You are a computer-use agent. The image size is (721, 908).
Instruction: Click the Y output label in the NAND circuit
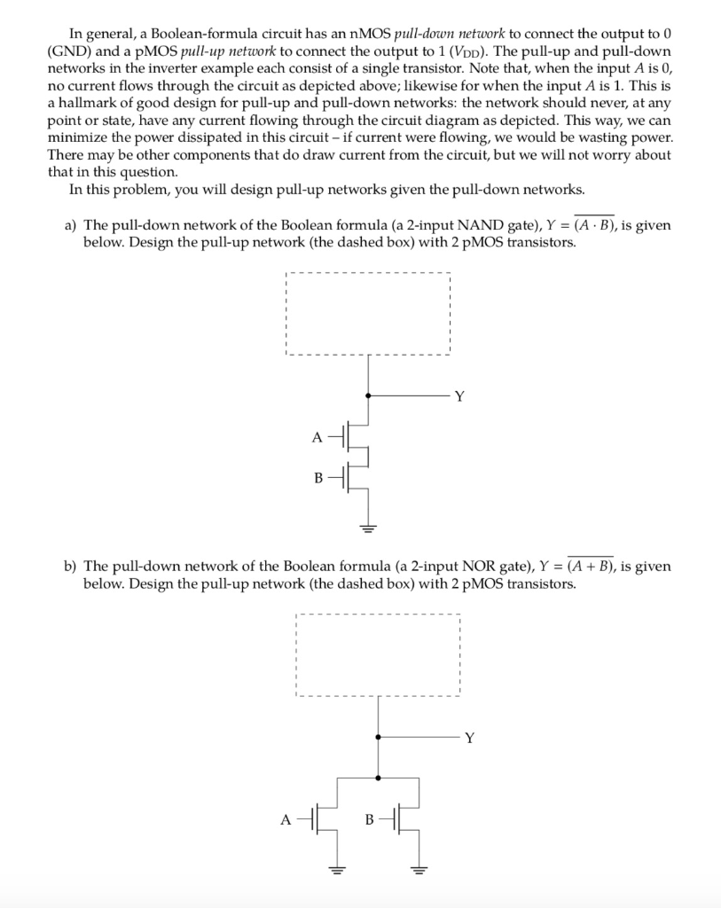tap(458, 396)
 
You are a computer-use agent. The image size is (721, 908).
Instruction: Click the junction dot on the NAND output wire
tap(369, 395)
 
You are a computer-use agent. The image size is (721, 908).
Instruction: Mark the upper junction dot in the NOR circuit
tap(379, 736)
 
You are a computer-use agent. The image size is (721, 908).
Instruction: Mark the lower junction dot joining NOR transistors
tap(379, 778)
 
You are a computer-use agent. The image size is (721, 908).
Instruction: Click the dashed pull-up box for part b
tap(379, 655)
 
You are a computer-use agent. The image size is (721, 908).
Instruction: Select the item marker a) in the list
tap(70, 226)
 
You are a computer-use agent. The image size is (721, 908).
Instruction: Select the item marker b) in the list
tap(70, 567)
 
